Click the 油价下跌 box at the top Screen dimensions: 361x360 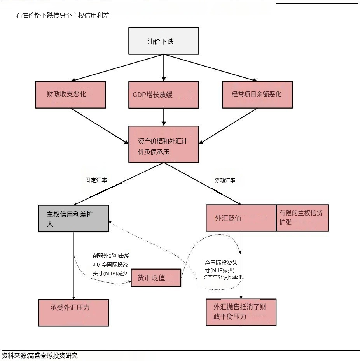(x=164, y=41)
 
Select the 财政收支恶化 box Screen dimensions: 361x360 (x=70, y=95)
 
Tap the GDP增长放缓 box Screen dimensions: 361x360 (x=164, y=95)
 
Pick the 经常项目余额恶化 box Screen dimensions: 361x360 (x=257, y=95)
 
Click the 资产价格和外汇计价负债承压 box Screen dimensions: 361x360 (x=164, y=144)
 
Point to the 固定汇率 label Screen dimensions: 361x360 (x=96, y=180)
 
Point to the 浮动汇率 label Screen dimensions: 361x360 (x=225, y=180)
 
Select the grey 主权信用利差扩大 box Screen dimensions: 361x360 (x=73, y=219)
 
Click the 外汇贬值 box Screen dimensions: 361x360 (x=241, y=218)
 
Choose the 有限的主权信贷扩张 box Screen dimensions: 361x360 (x=302, y=218)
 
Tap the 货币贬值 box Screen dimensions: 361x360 (x=156, y=278)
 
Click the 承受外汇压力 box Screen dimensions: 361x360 (x=73, y=312)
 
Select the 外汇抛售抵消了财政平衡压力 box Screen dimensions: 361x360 (x=241, y=312)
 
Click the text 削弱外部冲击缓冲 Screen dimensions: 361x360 (x=111, y=256)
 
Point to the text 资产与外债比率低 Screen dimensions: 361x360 (x=223, y=277)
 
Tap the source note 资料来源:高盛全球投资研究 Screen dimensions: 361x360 (x=40, y=356)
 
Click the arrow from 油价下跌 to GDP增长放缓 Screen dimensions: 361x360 (x=164, y=68)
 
